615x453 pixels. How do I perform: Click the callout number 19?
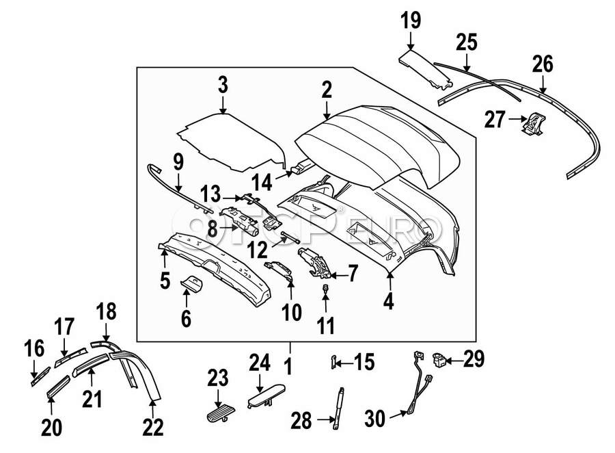pyautogui.click(x=411, y=21)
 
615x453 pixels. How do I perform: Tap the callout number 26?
pyautogui.click(x=543, y=64)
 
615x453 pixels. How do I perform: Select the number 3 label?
pyautogui.click(x=223, y=85)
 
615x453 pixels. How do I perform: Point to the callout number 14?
pyautogui.click(x=262, y=182)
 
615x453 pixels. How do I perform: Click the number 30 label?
pyautogui.click(x=375, y=418)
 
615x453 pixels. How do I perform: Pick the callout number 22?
pyautogui.click(x=152, y=427)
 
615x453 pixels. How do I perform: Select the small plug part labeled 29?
pyautogui.click(x=439, y=359)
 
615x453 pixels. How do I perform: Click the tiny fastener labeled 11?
pyautogui.click(x=325, y=289)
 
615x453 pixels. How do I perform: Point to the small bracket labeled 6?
pyautogui.click(x=192, y=284)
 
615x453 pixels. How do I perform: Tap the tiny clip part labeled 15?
pyautogui.click(x=333, y=361)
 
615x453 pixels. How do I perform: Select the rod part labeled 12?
pyautogui.click(x=290, y=238)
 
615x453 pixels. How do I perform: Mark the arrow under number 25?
pyautogui.click(x=467, y=62)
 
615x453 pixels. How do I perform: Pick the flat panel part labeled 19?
pyautogui.click(x=426, y=68)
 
